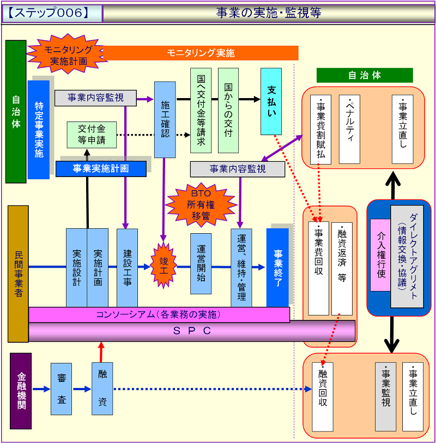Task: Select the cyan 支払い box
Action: [x=271, y=101]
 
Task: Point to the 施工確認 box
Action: [x=165, y=119]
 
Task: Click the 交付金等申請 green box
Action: [x=91, y=135]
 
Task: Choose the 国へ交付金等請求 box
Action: [x=201, y=111]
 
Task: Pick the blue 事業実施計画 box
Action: [x=101, y=169]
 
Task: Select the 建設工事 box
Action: [x=127, y=268]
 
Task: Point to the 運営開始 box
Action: [x=201, y=264]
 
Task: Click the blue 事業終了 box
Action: [x=277, y=267]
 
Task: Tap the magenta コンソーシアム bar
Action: [x=159, y=314]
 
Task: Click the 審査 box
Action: [x=61, y=390]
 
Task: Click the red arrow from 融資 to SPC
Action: [x=101, y=351]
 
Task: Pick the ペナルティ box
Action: [x=349, y=129]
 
